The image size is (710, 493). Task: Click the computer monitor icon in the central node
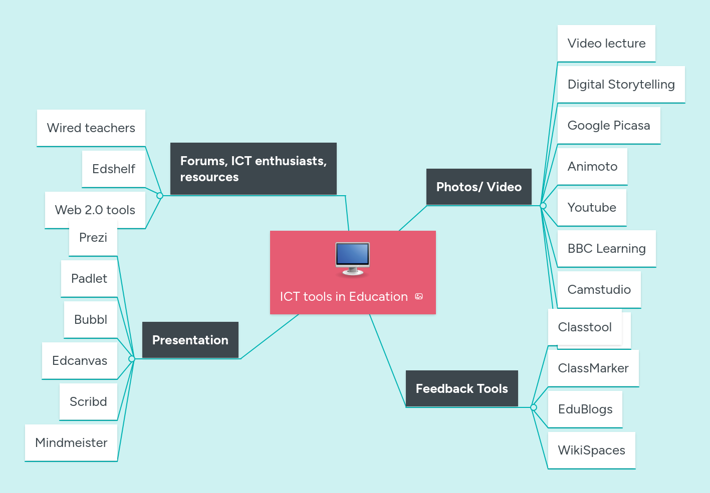[x=352, y=258]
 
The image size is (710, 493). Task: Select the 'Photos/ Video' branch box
[x=479, y=187]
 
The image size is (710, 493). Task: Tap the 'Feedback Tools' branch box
[x=461, y=388]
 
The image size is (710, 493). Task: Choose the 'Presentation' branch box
[x=190, y=340]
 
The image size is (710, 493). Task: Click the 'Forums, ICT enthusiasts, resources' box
[x=253, y=169]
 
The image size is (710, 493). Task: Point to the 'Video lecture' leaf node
[x=606, y=44]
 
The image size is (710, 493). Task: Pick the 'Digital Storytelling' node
[x=621, y=85]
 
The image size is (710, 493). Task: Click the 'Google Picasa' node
[x=608, y=126]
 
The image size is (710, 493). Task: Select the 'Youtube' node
[x=592, y=208]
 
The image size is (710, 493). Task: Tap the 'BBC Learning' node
[x=606, y=249]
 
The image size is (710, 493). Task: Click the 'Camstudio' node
[x=599, y=290]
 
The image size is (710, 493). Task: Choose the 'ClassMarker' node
[x=593, y=368]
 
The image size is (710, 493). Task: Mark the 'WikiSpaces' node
[x=591, y=450]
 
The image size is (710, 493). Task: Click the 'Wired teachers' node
[x=91, y=128]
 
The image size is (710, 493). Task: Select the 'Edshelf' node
[x=113, y=169]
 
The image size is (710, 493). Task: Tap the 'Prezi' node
[x=93, y=238]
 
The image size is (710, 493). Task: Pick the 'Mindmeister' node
[x=71, y=443]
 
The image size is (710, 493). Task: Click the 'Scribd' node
[x=88, y=402]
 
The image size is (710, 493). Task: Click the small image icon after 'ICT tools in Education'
[x=419, y=297]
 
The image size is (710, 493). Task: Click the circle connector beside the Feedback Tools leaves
[x=534, y=407]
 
